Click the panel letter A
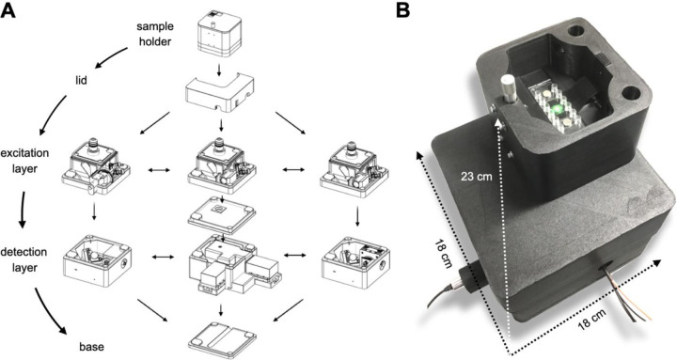[8, 10]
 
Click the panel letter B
[402, 10]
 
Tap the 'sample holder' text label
[155, 34]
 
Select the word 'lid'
[81, 80]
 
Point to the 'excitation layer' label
[24, 161]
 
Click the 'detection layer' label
[24, 259]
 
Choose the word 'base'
[91, 347]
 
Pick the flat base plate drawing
[222, 338]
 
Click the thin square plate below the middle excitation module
[222, 214]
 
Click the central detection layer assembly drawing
[233, 265]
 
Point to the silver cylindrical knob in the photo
[508, 88]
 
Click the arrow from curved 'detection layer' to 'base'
[50, 312]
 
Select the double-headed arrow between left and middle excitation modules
[159, 171]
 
